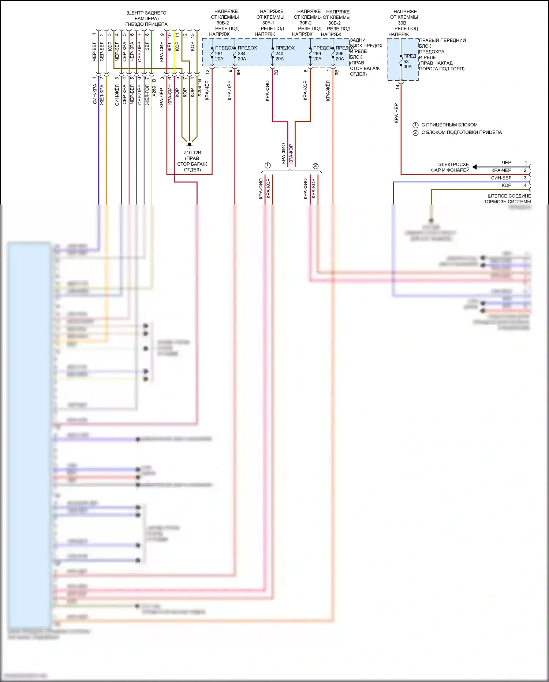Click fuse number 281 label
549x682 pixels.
(x=219, y=54)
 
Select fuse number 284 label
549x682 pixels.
(x=242, y=54)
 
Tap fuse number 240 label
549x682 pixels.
(x=279, y=54)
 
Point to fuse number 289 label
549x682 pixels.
(x=317, y=54)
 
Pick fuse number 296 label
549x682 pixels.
(x=340, y=54)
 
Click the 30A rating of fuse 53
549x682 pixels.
(x=407, y=67)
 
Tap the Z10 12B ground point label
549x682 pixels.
(x=192, y=153)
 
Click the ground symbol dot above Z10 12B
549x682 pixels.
(x=190, y=144)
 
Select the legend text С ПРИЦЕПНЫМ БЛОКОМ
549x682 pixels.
(x=449, y=125)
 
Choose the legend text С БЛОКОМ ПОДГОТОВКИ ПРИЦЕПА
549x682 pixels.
(x=462, y=132)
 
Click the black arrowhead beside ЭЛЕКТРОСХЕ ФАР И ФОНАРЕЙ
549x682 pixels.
(x=474, y=167)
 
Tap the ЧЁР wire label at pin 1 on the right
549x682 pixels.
(x=507, y=163)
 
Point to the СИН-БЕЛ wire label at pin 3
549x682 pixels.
(x=501, y=178)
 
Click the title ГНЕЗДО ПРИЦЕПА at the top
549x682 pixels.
(x=146, y=24)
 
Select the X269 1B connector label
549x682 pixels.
(x=154, y=88)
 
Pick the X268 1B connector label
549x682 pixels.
(x=199, y=88)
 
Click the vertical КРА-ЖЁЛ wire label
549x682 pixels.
(x=328, y=91)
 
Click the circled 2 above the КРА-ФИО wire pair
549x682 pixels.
(x=315, y=166)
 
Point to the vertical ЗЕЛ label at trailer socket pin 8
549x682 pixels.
(x=147, y=46)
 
